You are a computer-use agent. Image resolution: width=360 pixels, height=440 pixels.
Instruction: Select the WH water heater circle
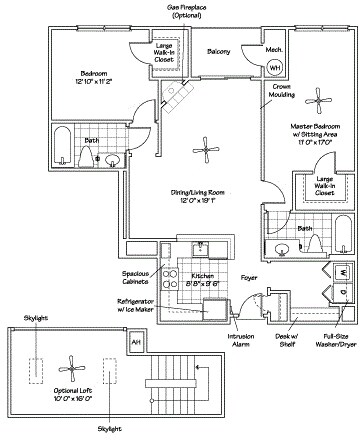click(x=275, y=67)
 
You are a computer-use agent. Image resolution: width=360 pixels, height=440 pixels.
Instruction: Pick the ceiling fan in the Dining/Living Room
click(x=208, y=150)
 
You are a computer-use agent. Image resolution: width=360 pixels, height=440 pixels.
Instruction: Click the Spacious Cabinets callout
click(x=137, y=277)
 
